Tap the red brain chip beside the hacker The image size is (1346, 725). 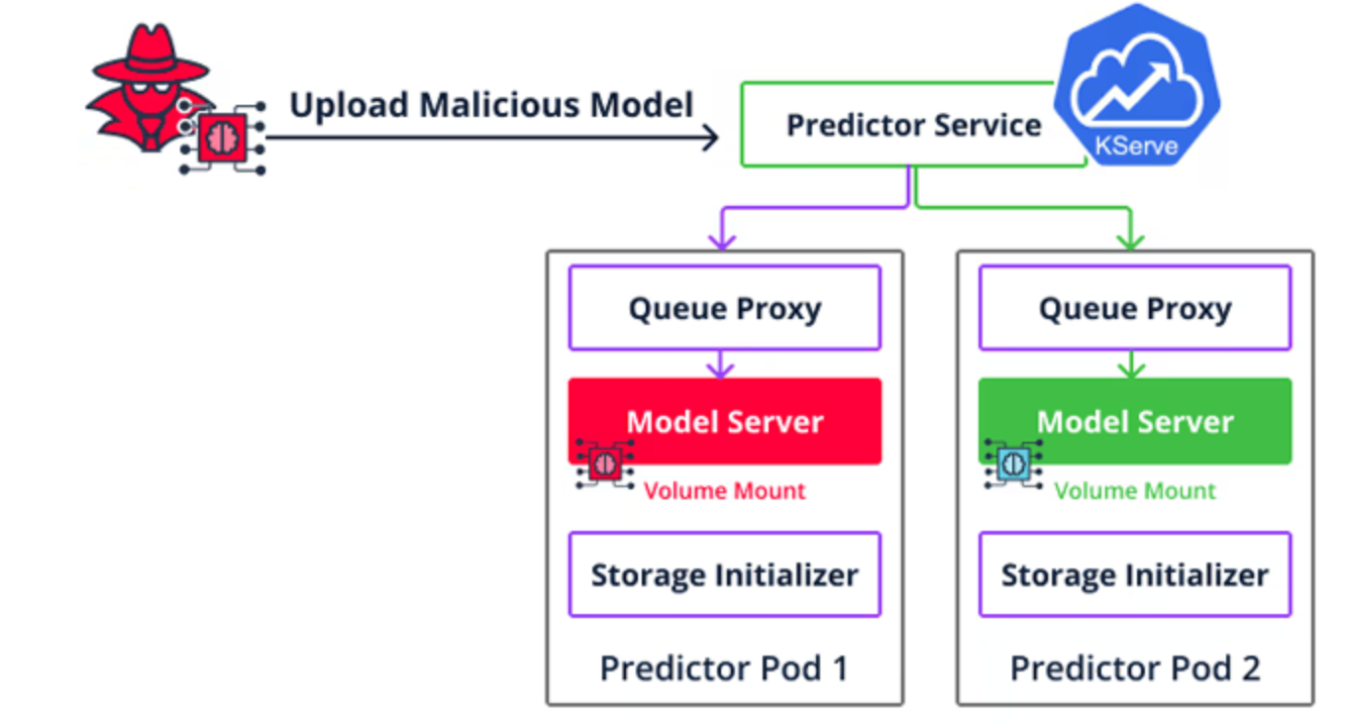(222, 138)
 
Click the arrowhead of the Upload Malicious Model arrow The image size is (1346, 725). (710, 138)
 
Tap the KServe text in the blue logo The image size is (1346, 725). (1136, 146)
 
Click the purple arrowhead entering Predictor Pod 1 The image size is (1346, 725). (722, 242)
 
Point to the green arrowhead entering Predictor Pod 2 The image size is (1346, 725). (1131, 242)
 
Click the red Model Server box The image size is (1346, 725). (725, 421)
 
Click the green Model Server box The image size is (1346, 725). (1135, 421)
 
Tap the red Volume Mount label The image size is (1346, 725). (724, 490)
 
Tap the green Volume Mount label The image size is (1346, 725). (1134, 490)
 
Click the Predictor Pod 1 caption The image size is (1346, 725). (725, 668)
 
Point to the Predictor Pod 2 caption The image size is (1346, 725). (1135, 668)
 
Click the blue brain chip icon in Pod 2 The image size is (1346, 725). (1014, 465)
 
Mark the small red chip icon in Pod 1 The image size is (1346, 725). (604, 464)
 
